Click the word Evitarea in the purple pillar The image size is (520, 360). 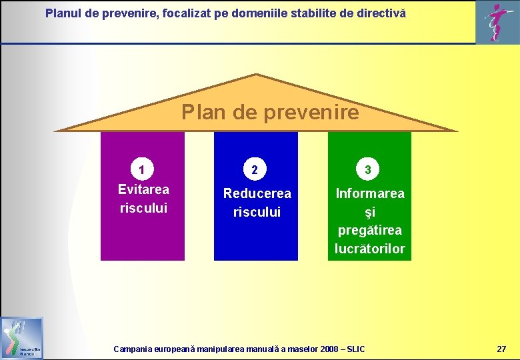click(x=143, y=189)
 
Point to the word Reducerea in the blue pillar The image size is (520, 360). click(x=257, y=193)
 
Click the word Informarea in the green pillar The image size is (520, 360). click(x=370, y=193)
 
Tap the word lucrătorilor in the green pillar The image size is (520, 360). click(x=370, y=249)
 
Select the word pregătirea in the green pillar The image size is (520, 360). click(x=370, y=231)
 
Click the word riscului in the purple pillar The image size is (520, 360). click(x=143, y=208)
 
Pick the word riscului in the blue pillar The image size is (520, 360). click(x=257, y=212)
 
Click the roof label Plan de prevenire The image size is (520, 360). click(x=270, y=112)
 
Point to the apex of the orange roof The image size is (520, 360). click(x=257, y=75)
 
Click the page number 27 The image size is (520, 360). click(x=501, y=349)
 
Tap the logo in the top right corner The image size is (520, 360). click(x=498, y=21)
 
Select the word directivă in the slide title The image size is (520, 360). click(x=381, y=13)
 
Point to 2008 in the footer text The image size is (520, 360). click(x=330, y=349)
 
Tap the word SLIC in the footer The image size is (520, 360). click(x=356, y=349)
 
